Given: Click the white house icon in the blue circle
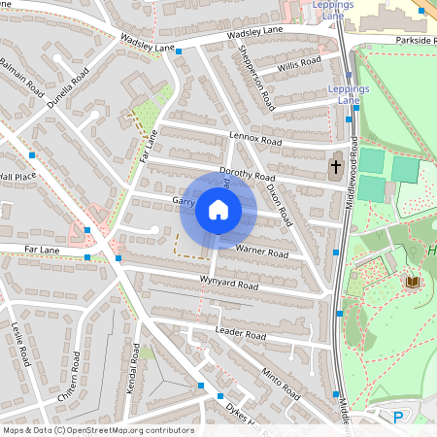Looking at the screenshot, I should [218, 210].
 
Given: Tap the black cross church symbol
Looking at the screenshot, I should [335, 166].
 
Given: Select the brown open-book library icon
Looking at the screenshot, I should [412, 282].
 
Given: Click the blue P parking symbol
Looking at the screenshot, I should [397, 418].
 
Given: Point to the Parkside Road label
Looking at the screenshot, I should [416, 41].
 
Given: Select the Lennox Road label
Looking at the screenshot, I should [254, 140].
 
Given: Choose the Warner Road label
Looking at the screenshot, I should [261, 252].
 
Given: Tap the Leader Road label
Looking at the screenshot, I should [240, 334].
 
